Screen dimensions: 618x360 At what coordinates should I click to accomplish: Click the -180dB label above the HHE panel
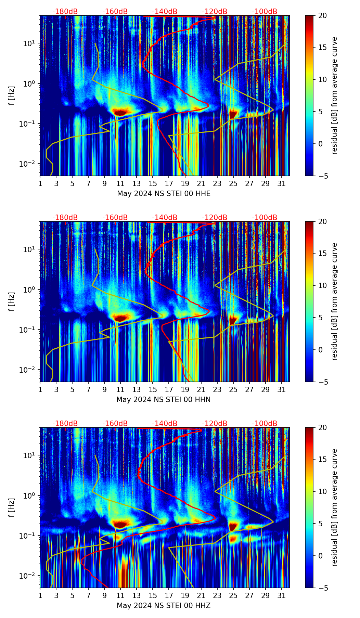click(x=65, y=12)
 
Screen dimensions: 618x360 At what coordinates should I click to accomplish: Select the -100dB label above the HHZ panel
click(x=265, y=424)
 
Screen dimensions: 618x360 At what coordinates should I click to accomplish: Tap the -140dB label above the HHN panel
click(x=165, y=218)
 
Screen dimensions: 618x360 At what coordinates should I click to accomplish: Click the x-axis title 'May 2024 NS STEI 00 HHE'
click(x=164, y=194)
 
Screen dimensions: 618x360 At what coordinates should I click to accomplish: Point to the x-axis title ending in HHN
click(x=164, y=400)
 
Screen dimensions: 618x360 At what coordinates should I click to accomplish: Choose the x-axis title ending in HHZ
click(x=164, y=606)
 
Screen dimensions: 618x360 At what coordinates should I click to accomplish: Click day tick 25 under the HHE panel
click(x=233, y=183)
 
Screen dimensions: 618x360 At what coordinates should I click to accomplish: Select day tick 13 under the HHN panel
click(x=137, y=389)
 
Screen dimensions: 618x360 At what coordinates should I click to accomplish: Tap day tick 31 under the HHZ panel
click(x=281, y=595)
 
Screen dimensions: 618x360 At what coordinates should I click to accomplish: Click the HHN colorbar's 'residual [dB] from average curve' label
click(x=335, y=301)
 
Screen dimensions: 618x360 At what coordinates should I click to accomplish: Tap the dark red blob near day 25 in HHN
click(x=233, y=320)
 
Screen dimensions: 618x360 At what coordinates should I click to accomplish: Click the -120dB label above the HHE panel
click(x=215, y=12)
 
